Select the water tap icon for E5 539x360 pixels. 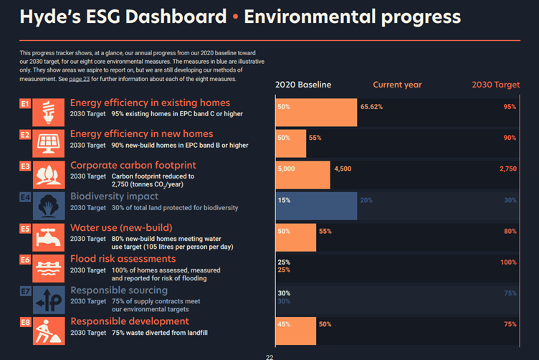tap(48, 237)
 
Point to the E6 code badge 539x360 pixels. tap(25, 260)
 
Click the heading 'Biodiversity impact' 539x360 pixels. tap(114, 196)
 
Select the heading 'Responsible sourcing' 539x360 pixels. tap(118, 290)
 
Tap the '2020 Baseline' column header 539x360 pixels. tap(303, 85)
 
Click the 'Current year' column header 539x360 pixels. tap(397, 85)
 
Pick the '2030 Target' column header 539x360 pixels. tap(495, 85)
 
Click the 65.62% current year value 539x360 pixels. tap(371, 107)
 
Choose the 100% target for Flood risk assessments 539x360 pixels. tap(508, 262)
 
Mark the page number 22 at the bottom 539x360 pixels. tap(269, 356)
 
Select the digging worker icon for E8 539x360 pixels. tap(48, 331)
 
